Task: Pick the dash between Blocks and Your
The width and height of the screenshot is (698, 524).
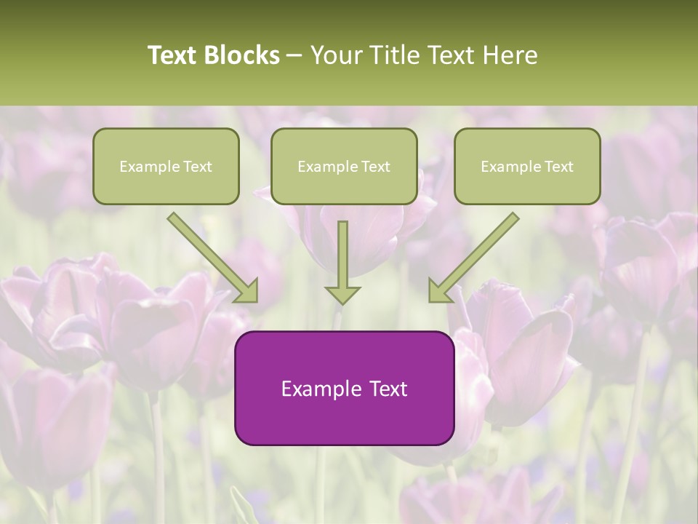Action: pos(294,56)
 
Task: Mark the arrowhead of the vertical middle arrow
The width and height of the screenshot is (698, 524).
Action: pos(342,295)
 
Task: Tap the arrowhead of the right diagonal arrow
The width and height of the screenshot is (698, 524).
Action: pos(438,291)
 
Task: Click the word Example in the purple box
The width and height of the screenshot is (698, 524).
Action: pos(316,389)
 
